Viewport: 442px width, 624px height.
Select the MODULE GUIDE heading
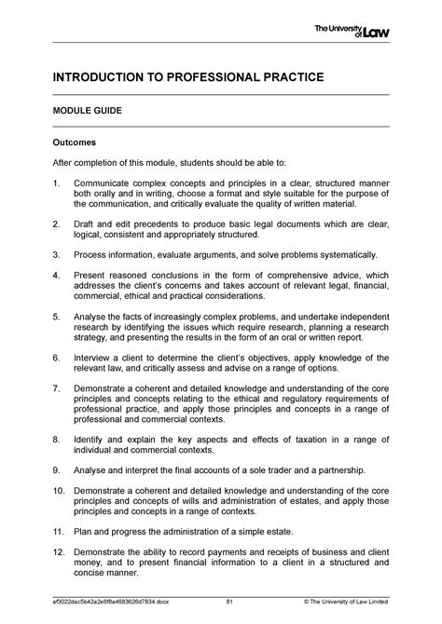tap(87, 111)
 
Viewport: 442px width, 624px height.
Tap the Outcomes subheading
tap(76, 143)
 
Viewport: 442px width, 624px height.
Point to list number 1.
tap(55, 183)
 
